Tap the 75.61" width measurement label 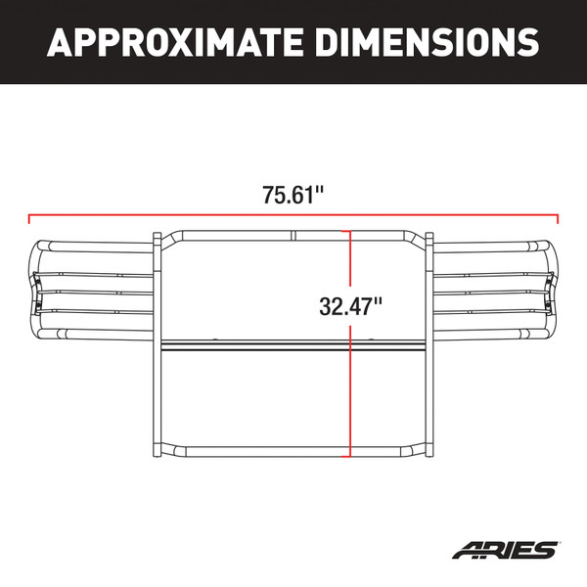pyautogui.click(x=293, y=194)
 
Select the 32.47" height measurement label pyautogui.click(x=350, y=305)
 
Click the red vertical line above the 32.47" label pyautogui.click(x=350, y=259)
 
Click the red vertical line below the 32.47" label pyautogui.click(x=350, y=391)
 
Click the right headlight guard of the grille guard pyautogui.click(x=495, y=290)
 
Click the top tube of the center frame pyautogui.click(x=235, y=233)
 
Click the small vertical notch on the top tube pyautogui.click(x=293, y=233)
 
